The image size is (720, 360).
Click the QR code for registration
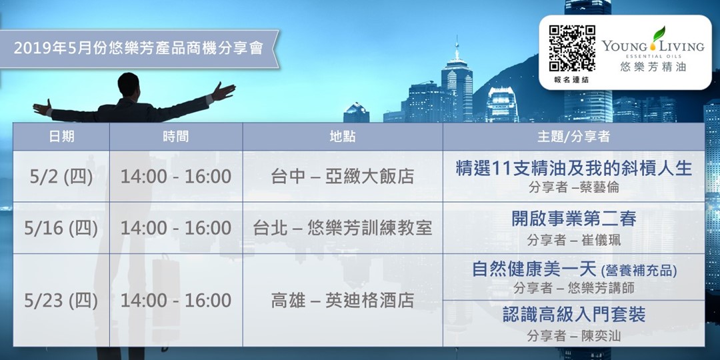[x=572, y=49]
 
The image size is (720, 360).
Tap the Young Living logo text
[x=653, y=46]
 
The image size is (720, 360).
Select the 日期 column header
[x=61, y=137]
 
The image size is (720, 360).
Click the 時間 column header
[x=175, y=137]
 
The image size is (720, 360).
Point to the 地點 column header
[x=342, y=137]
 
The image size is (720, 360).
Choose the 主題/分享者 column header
[x=573, y=137]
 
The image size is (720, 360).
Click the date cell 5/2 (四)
[x=61, y=177]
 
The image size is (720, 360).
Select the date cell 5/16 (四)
[x=61, y=228]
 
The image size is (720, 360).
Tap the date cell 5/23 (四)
[x=61, y=300]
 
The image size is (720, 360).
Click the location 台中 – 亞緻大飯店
[x=342, y=177]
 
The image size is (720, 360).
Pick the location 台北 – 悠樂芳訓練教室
[x=342, y=228]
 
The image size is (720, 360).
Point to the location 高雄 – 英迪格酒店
[x=342, y=301]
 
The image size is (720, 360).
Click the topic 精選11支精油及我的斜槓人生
[x=573, y=168]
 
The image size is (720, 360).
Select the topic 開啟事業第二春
[x=573, y=218]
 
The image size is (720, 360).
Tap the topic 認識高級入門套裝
[x=573, y=315]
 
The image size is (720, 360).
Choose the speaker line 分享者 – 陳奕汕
[x=573, y=336]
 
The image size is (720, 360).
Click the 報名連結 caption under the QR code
[x=571, y=80]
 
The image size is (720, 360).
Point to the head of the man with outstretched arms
[x=128, y=83]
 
